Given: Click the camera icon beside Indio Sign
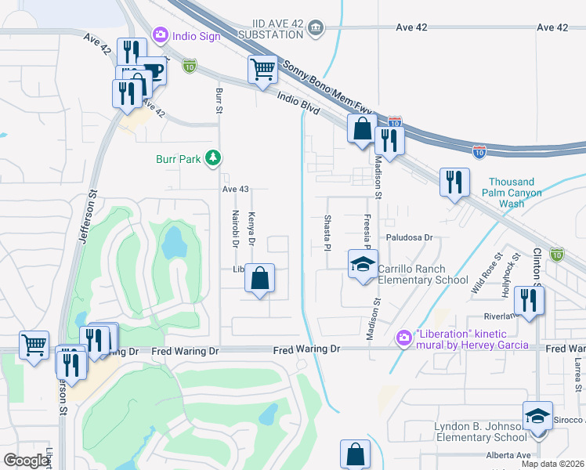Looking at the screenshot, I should pos(161,34).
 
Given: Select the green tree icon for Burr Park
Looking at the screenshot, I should pos(212,158).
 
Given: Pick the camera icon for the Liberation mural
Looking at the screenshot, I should pos(403,338).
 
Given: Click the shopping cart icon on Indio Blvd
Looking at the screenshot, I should pos(262,69).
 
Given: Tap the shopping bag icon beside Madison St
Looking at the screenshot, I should pos(363,128).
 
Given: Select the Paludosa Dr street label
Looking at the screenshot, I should pos(408,237).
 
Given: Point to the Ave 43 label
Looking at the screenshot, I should pos(234,190).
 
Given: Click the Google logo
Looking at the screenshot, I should pos(27,461).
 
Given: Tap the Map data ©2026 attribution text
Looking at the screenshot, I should pos(552,464).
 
